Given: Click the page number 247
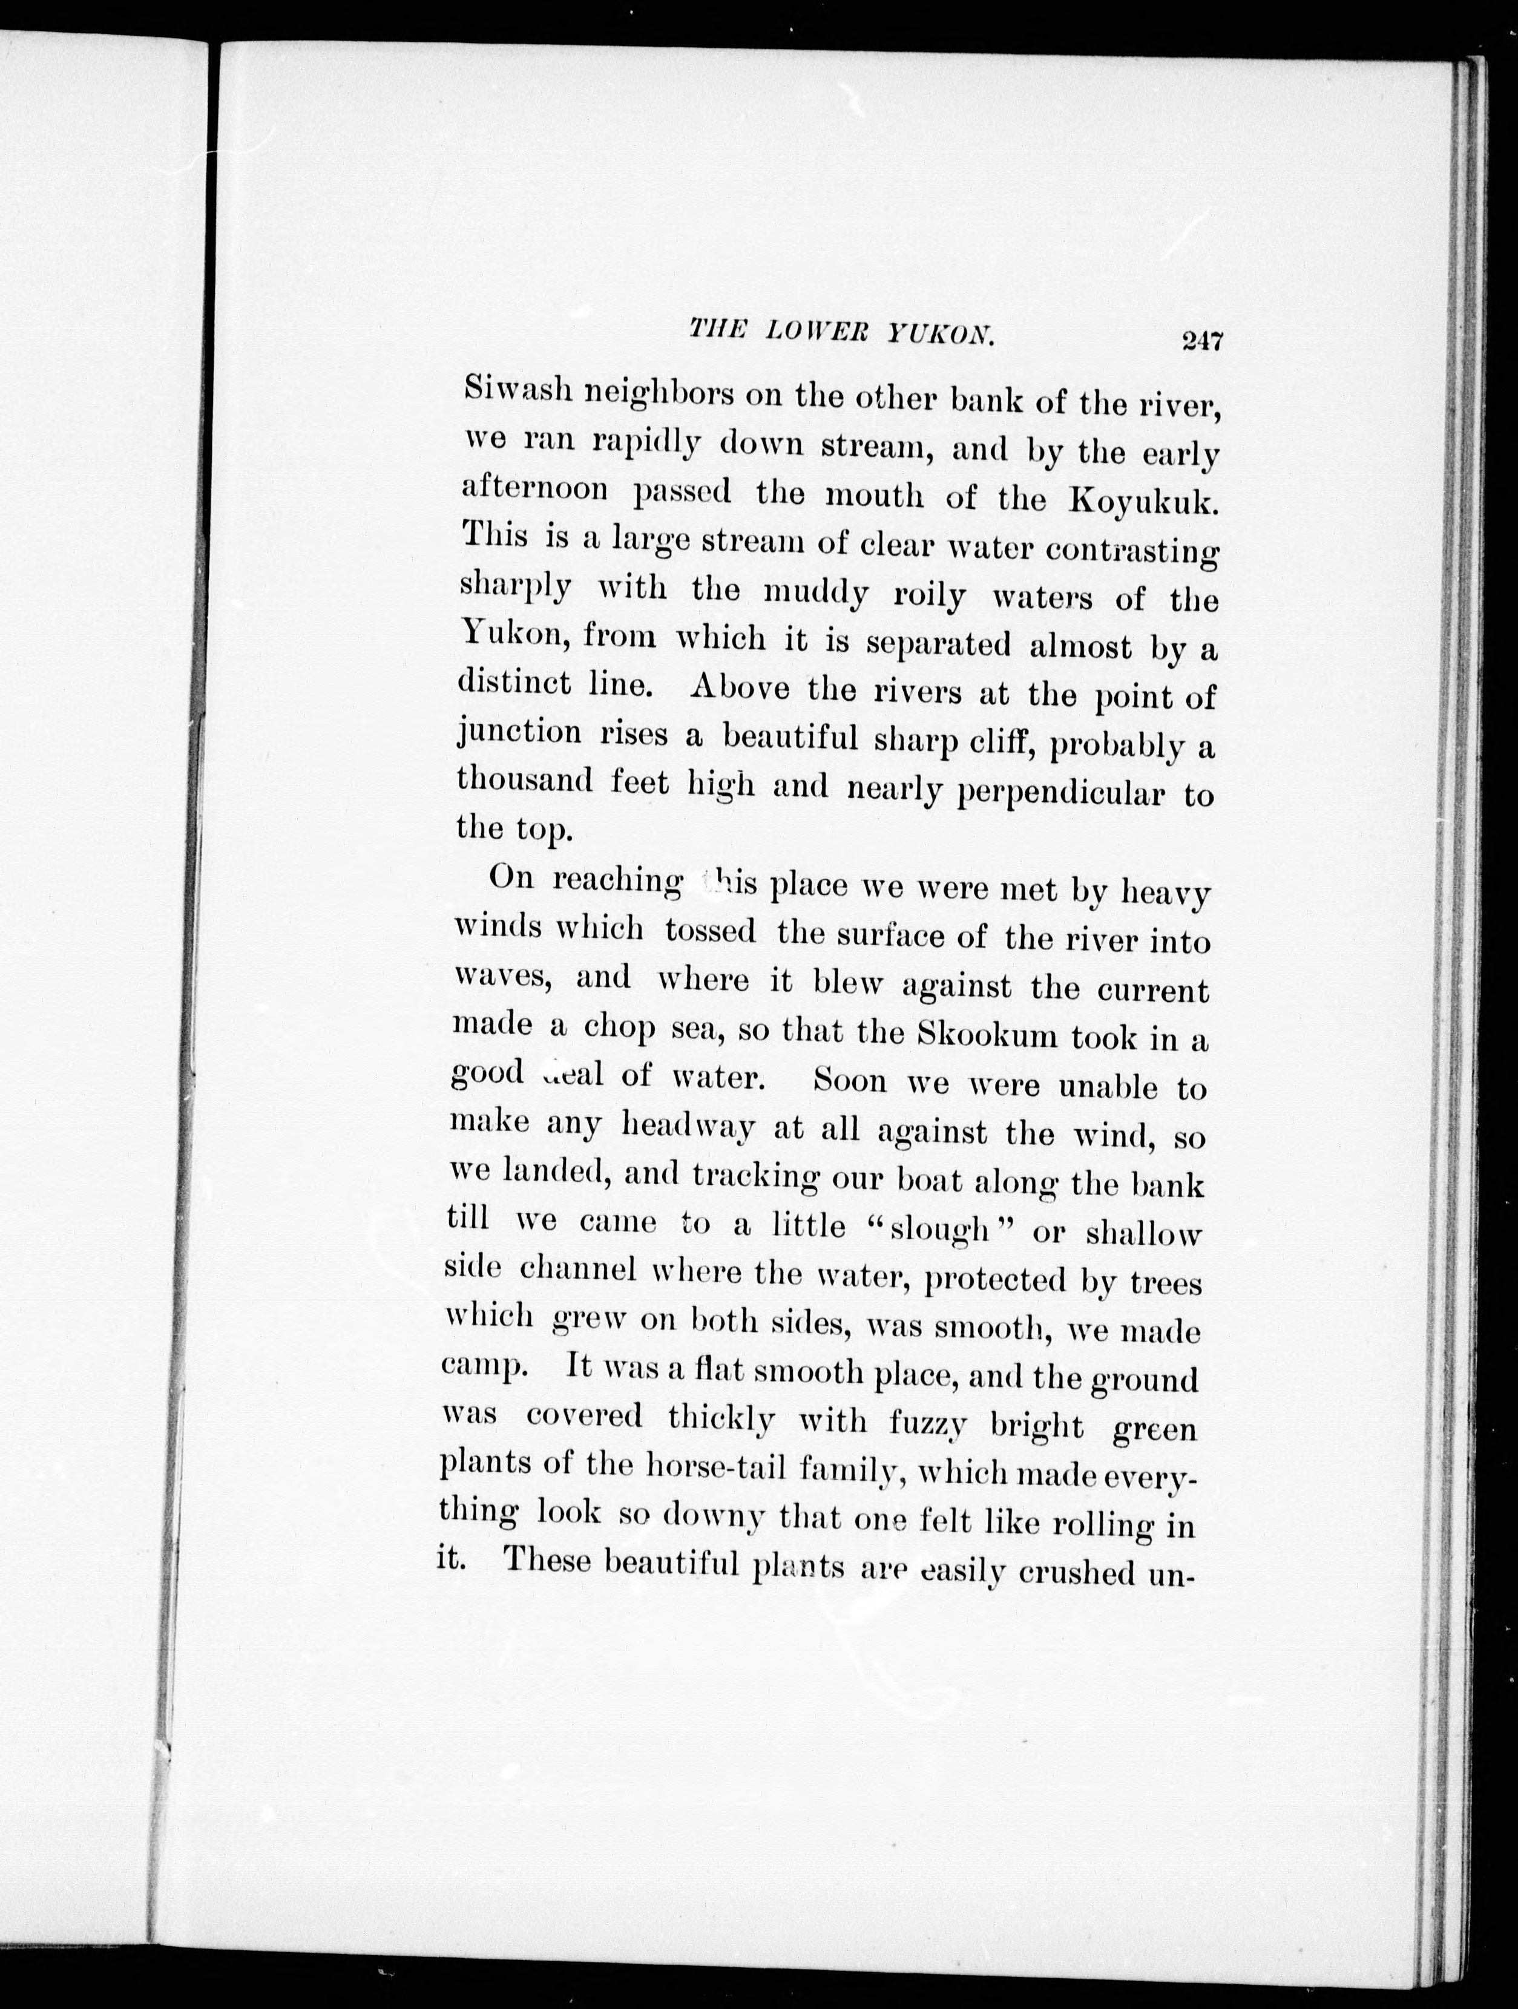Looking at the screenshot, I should [x=1203, y=341].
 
